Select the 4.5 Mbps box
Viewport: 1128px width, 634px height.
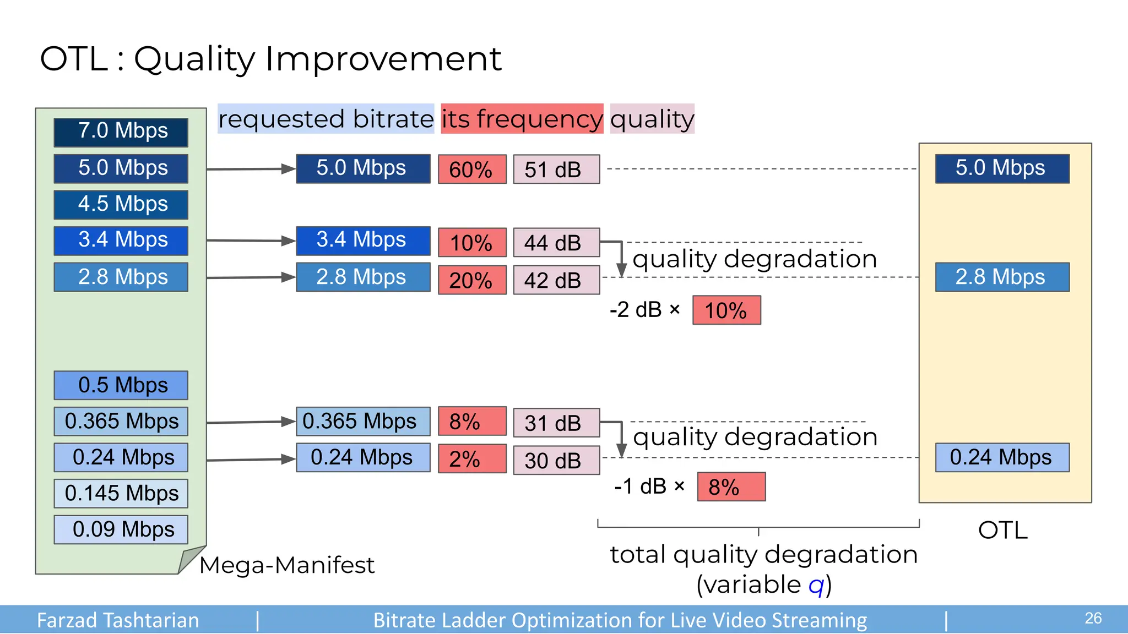[x=121, y=204]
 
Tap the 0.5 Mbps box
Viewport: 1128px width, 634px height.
[x=121, y=385]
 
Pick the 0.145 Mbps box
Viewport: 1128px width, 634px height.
[x=121, y=494]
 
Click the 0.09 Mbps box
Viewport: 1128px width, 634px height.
[x=121, y=529]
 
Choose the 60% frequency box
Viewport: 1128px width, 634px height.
[x=472, y=169]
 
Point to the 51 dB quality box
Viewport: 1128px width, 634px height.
[x=556, y=169]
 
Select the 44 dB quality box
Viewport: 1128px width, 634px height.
[x=556, y=242]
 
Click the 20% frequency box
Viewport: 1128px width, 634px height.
[x=472, y=280]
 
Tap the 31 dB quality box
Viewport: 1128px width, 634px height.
[x=556, y=423]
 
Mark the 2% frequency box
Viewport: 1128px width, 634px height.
[x=472, y=459]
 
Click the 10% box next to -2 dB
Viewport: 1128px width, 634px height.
[x=726, y=310]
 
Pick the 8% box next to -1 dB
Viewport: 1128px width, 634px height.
[x=731, y=487]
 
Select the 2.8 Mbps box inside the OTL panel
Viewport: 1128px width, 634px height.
[x=1002, y=277]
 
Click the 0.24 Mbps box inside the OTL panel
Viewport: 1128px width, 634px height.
[x=1002, y=457]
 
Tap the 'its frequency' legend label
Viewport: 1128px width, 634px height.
[x=522, y=119]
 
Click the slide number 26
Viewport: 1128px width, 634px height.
[x=1093, y=618]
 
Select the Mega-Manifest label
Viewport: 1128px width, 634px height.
[x=286, y=565]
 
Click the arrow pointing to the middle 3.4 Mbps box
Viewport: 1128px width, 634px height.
[x=251, y=241]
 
